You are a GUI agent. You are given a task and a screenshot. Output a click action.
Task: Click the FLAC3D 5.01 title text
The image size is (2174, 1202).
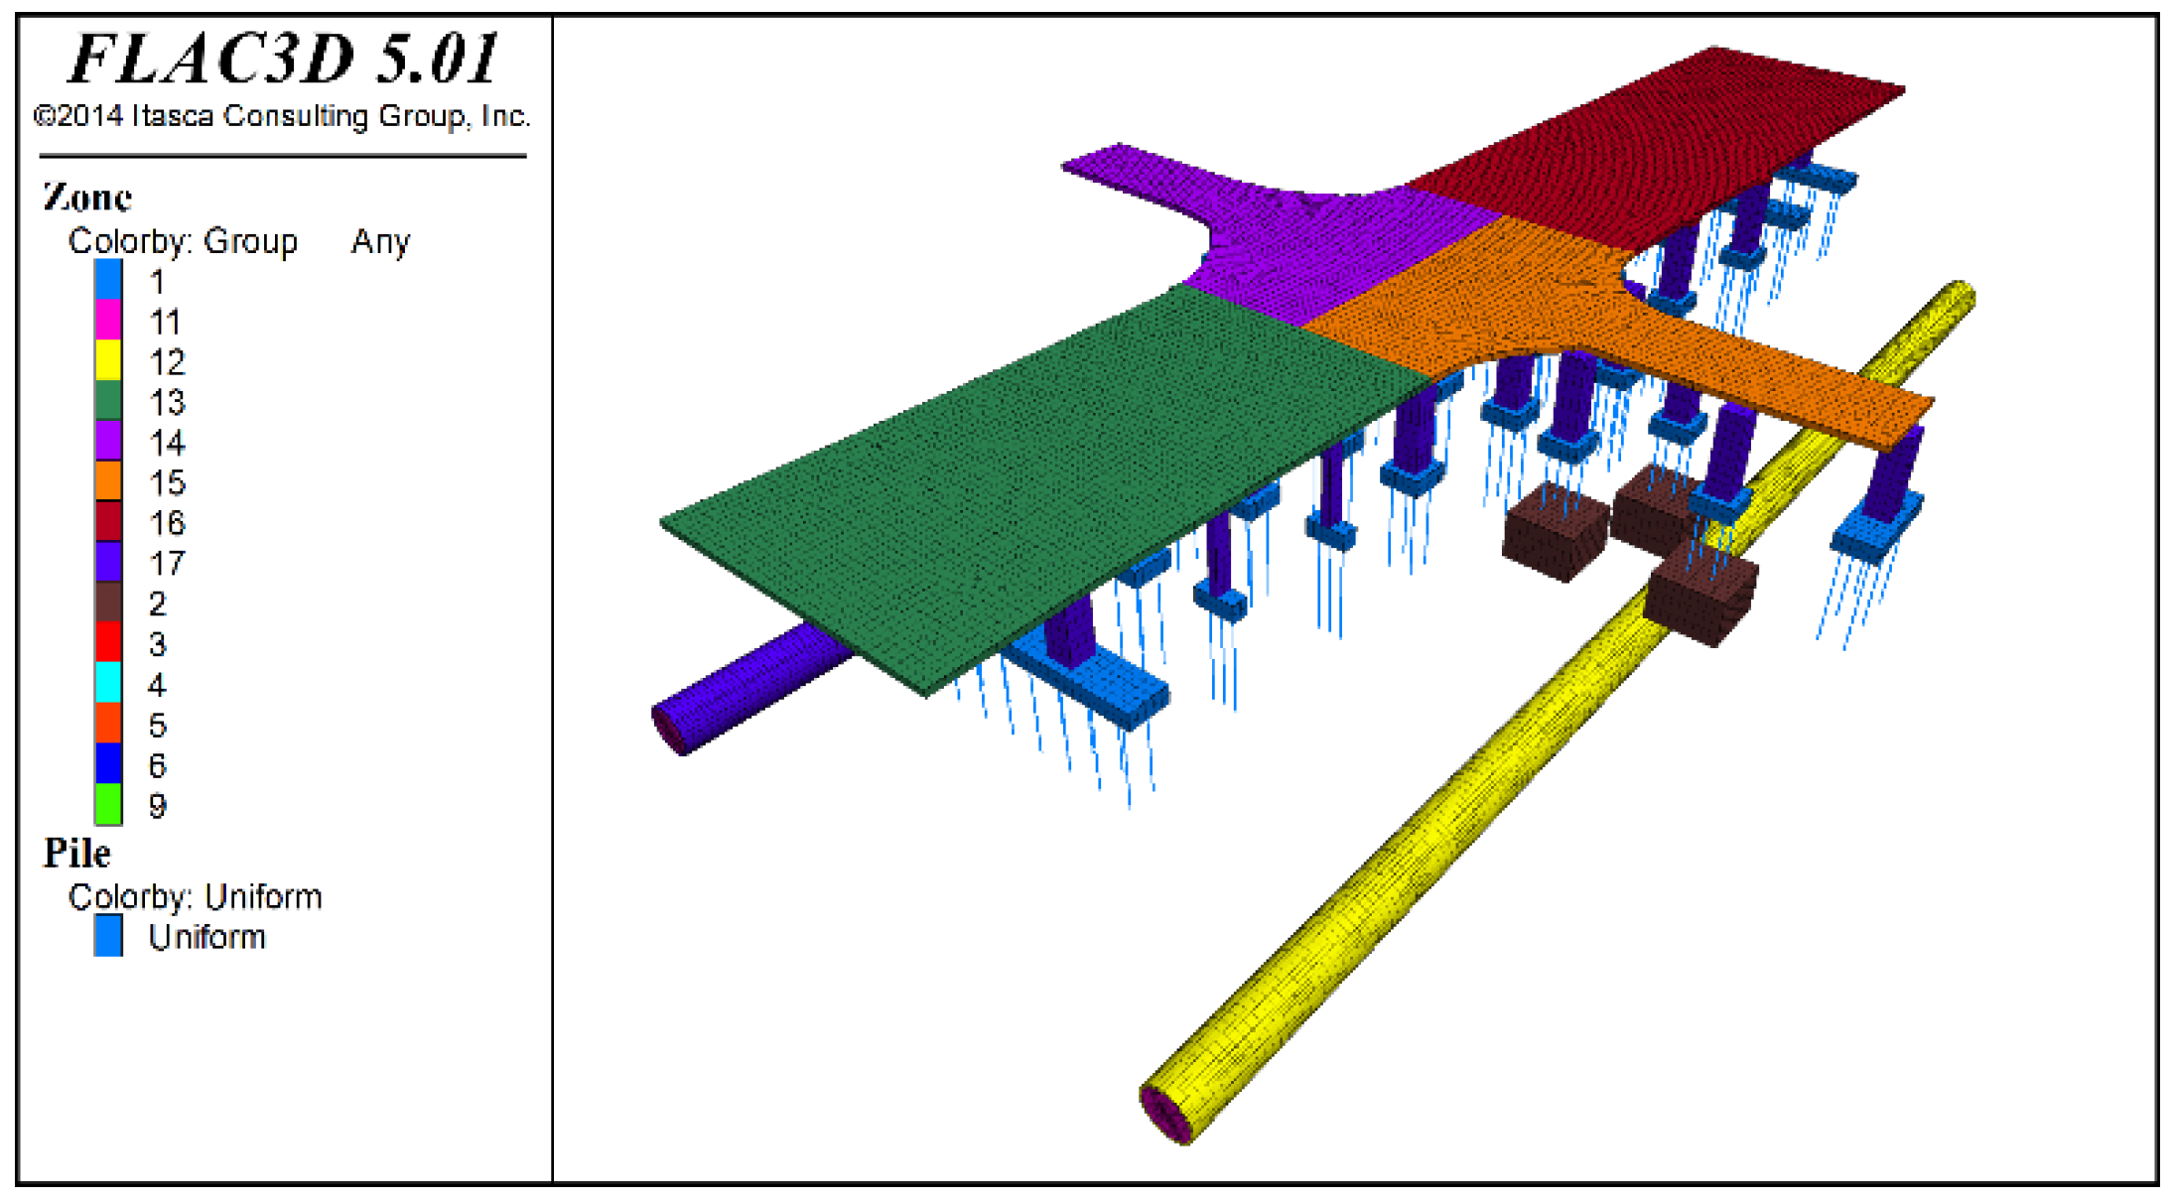284,59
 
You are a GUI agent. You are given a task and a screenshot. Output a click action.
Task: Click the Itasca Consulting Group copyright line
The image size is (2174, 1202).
282,116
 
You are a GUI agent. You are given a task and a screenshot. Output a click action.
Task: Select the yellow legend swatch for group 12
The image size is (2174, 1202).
108,360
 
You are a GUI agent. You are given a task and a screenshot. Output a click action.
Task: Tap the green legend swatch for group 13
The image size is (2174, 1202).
108,400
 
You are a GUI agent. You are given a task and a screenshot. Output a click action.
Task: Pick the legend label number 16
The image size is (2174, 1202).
167,523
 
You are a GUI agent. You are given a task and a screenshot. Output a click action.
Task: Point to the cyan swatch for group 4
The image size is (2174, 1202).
108,682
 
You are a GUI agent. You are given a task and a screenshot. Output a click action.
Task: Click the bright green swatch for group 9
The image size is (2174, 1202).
108,804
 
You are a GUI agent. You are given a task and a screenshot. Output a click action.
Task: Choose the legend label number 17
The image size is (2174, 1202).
167,564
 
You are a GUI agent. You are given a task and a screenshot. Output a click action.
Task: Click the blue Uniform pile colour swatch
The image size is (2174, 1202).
108,935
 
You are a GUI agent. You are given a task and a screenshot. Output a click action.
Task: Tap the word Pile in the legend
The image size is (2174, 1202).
76,854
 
